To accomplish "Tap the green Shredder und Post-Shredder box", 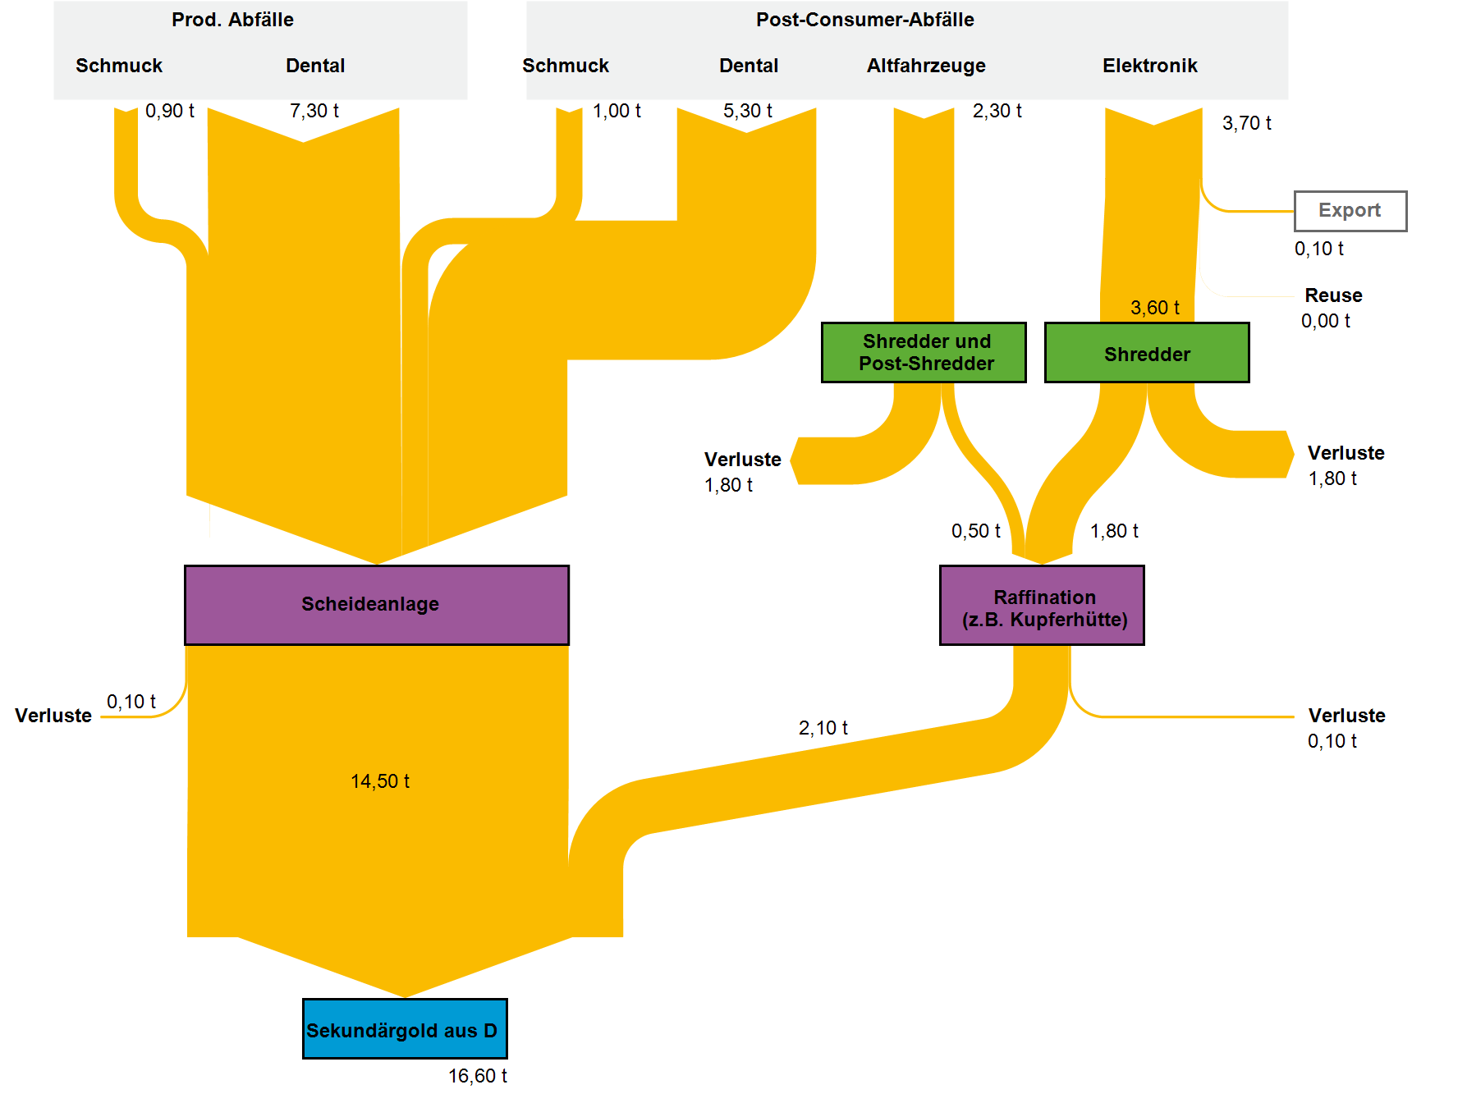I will (924, 352).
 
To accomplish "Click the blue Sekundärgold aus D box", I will (405, 1029).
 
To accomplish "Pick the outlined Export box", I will (1350, 211).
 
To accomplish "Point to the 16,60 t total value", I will (477, 1076).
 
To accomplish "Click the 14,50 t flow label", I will (380, 781).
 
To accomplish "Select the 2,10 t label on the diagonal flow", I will (823, 728).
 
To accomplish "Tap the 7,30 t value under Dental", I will (314, 111).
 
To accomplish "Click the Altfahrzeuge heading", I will (926, 66).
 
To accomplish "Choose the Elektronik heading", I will (1149, 66).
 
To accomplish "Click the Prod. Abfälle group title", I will (232, 20).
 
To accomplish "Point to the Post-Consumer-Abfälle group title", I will (864, 20).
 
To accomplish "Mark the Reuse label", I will (1333, 295).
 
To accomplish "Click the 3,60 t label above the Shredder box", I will (1154, 308).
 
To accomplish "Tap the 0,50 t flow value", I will (975, 531).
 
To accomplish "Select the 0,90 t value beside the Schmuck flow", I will (169, 111).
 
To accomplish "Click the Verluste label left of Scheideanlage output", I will (53, 716).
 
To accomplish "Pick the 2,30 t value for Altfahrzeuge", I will (997, 111).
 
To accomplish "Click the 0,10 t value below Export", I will (1318, 249).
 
